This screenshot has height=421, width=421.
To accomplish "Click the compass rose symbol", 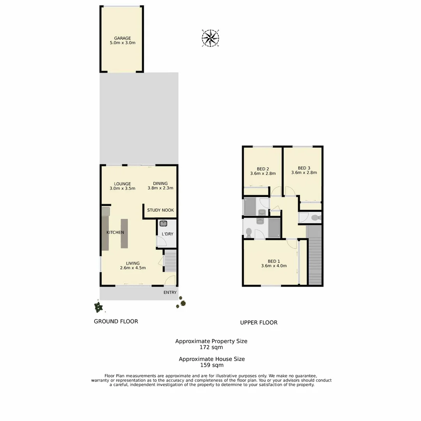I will point(210,38).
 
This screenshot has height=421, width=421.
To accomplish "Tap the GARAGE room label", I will point(122,38).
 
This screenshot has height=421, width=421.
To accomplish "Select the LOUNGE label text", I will point(122,184).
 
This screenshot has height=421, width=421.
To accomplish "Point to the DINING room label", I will point(160,184).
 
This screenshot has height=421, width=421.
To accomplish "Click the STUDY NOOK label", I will point(160,210).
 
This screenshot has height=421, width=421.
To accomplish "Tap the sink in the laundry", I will point(163,224).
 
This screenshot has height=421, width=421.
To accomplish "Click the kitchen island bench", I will point(124,233).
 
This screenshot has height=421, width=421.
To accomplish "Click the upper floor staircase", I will point(315,255).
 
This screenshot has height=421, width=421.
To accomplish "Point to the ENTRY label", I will point(170,292).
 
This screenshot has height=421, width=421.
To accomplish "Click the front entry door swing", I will point(170,280).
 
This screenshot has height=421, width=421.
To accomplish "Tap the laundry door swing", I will point(161,242).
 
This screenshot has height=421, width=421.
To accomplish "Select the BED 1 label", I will point(274,261).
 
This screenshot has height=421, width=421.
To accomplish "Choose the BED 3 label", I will point(304,168).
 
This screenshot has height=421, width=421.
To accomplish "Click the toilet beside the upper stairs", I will point(316,218).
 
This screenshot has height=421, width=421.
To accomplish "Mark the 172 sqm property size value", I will point(211,347).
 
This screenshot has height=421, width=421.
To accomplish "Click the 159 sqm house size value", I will point(212,365).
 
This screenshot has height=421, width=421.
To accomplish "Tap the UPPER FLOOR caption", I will point(258,322).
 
